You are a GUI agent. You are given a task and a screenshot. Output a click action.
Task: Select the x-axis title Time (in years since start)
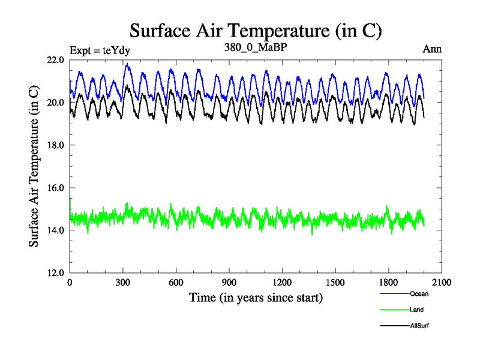pos(256,297)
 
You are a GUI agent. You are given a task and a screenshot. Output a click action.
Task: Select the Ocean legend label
pos(419,294)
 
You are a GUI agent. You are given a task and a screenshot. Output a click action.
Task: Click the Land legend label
pos(417,310)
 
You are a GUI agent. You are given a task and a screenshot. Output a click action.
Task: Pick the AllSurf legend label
pos(420,325)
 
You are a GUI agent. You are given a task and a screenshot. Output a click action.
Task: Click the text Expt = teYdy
pos(100,50)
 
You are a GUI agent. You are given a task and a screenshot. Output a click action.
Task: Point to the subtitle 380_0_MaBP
pos(256,49)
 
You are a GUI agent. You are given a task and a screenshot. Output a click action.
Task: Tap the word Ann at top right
pos(432,49)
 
